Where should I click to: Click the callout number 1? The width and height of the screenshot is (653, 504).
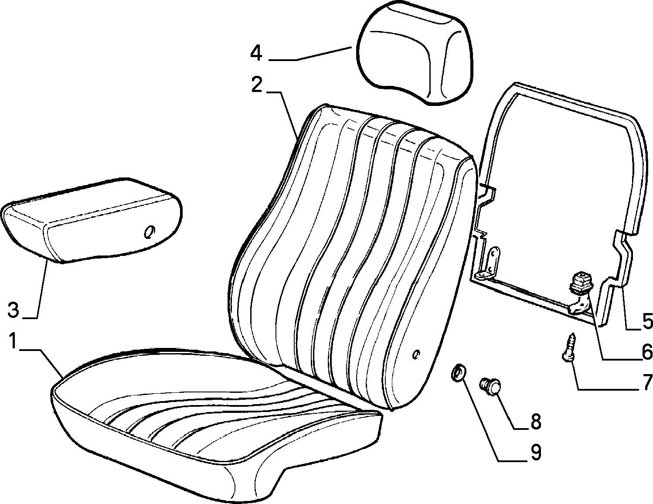[x=12, y=340]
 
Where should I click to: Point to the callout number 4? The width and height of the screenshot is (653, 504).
[x=256, y=54]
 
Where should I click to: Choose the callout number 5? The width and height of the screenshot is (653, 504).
[x=646, y=320]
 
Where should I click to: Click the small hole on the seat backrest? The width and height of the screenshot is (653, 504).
[x=416, y=354]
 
